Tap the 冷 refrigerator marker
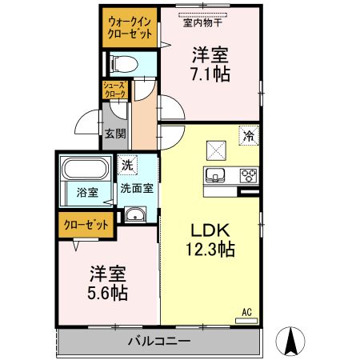[x=249, y=136]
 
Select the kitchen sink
[x=217, y=177]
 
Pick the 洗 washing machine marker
[x=127, y=166]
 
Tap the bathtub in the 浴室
[x=86, y=171]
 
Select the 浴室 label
[x=86, y=193]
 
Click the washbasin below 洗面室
[x=135, y=214]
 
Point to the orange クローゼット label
[x=85, y=226]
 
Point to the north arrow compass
[x=292, y=342]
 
